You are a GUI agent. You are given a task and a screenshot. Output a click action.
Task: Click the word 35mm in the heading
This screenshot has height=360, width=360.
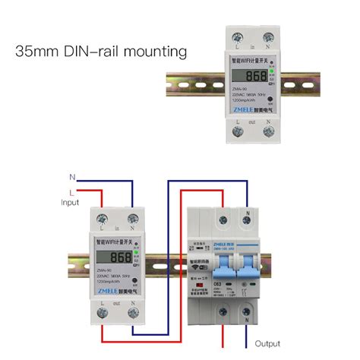pos(37,52)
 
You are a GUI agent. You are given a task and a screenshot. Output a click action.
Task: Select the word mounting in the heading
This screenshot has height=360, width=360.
pos(156,52)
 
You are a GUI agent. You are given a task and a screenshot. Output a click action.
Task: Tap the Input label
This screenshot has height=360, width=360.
pos(70,203)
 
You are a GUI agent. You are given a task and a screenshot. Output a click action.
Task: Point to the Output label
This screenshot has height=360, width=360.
pos(267,343)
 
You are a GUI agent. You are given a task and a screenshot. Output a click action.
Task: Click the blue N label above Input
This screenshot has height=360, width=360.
pos(72,176)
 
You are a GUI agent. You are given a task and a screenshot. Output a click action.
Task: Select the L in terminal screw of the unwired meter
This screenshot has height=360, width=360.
pos(242,36)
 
